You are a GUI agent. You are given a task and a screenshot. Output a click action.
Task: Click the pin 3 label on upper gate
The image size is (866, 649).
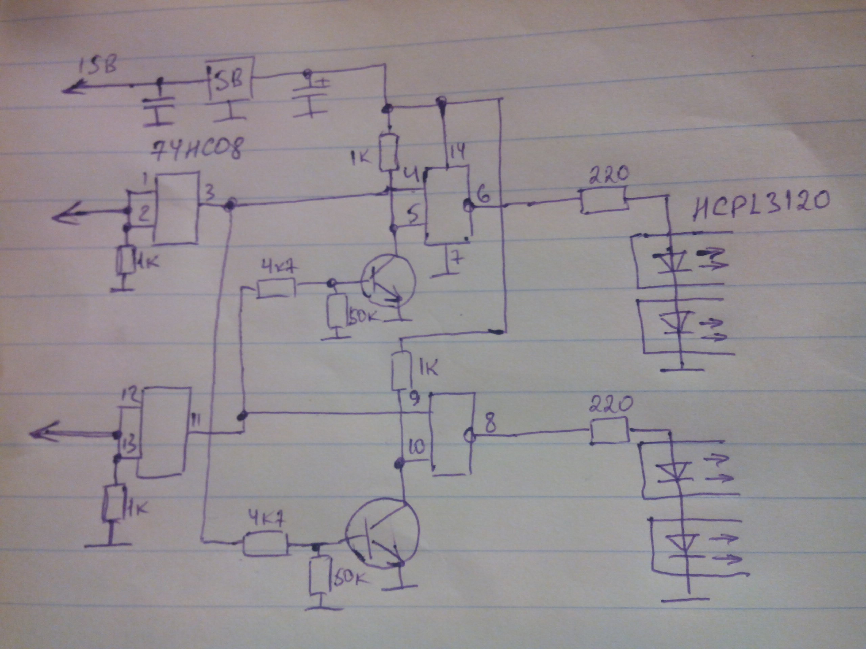(x=209, y=193)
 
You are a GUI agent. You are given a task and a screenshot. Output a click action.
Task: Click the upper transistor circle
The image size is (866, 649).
(x=387, y=289)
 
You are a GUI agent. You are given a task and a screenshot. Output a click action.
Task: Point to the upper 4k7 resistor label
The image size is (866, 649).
(x=278, y=269)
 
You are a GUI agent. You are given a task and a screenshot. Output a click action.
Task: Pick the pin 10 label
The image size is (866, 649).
(x=416, y=447)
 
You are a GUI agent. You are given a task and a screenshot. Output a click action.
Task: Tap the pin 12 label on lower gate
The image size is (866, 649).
(x=129, y=397)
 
